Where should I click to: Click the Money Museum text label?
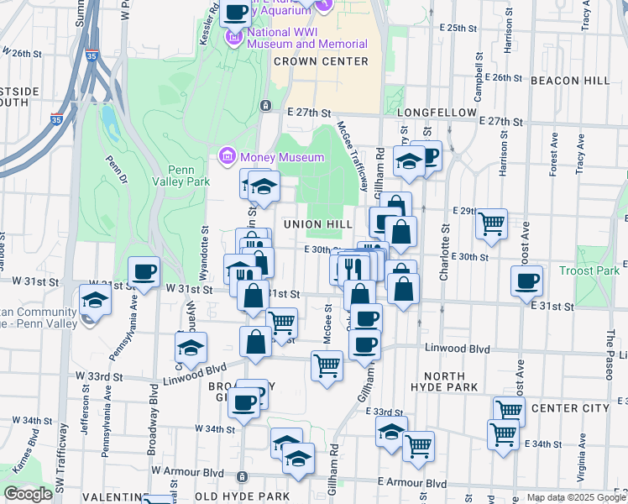(282, 157)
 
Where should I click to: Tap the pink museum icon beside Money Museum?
(227, 156)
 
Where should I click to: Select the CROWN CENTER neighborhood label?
(321, 61)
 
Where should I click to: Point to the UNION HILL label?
(315, 224)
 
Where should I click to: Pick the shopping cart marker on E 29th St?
(491, 223)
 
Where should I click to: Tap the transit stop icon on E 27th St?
(265, 105)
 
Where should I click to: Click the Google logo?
(28, 494)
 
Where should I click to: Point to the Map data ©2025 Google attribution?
(574, 497)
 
